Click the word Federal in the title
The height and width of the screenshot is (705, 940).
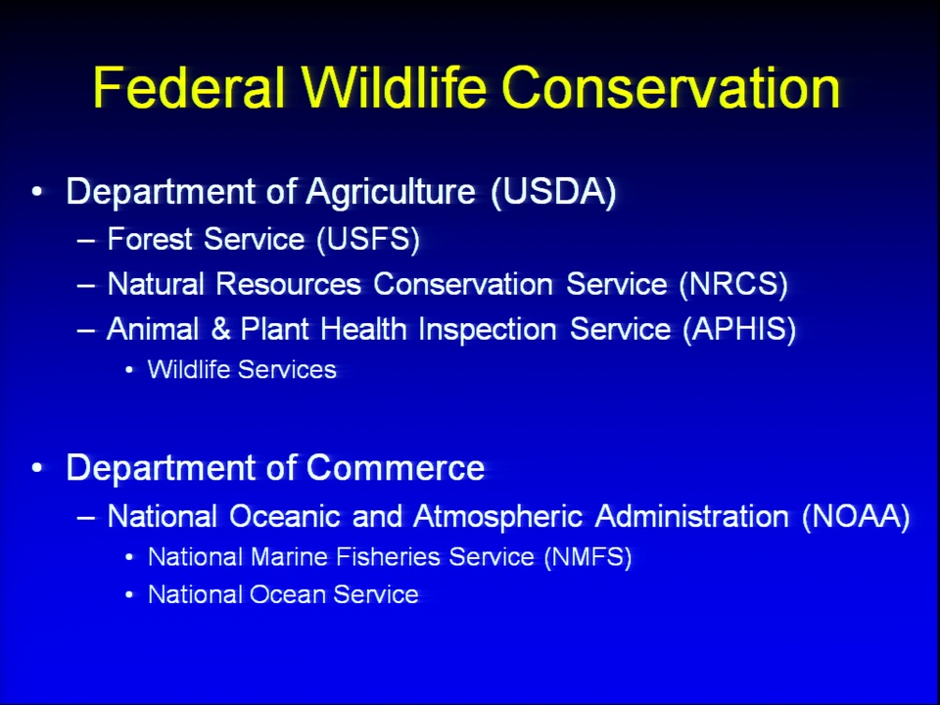[x=189, y=88]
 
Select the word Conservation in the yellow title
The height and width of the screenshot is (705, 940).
[x=671, y=88]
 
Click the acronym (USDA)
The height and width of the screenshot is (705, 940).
[x=553, y=192]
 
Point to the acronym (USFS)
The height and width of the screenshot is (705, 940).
[x=368, y=239]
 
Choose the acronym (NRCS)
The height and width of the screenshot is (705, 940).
[x=733, y=284]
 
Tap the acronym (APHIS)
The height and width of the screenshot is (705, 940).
[x=739, y=329]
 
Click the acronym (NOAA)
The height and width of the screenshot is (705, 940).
[x=856, y=516]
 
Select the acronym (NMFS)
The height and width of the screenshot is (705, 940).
[x=588, y=557]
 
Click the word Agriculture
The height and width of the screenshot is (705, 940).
[x=391, y=193]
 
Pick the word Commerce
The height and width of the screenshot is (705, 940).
[x=396, y=468]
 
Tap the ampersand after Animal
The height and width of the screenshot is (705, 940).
[x=220, y=329]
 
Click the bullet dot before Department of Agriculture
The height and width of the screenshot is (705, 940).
[x=37, y=192]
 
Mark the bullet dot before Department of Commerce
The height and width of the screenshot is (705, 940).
[x=37, y=467]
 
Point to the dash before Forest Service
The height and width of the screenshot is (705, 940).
[x=86, y=241]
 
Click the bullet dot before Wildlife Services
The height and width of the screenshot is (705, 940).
[x=129, y=370]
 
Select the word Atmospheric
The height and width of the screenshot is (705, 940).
[x=497, y=517]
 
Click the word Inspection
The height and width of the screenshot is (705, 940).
[x=488, y=330]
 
